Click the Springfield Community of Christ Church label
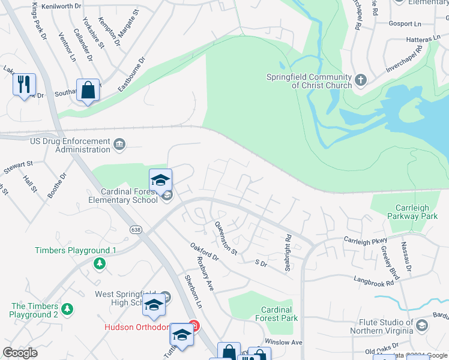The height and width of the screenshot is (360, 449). coord(309,81)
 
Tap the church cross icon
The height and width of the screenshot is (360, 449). coord(361,80)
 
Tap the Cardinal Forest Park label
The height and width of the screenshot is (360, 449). coord(276,314)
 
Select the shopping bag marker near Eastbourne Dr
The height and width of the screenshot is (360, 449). coord(88,91)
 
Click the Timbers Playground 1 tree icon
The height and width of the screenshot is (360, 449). coord(100,263)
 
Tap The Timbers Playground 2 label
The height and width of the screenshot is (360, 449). coord(34,310)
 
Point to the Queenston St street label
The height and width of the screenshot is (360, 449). coord(226,238)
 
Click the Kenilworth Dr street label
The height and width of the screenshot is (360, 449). coord(59,5)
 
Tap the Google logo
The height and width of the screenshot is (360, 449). coord(20,353)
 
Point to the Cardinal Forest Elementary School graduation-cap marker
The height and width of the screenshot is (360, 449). coord(160,180)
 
